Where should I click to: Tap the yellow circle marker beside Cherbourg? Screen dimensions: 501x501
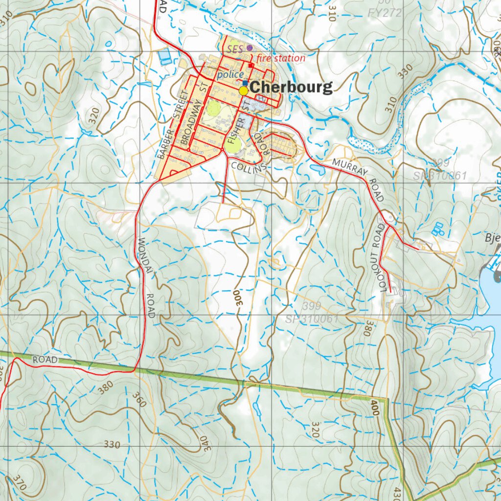click(243, 91)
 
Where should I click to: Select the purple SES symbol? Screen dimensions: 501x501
click(250, 48)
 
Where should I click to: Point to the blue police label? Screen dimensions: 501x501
click(230, 74)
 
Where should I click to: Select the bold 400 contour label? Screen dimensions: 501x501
click(375, 408)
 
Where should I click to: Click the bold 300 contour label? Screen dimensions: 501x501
click(239, 297)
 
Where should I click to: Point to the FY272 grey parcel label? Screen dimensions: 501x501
click(384, 12)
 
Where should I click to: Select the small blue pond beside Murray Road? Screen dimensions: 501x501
click(317, 169)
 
